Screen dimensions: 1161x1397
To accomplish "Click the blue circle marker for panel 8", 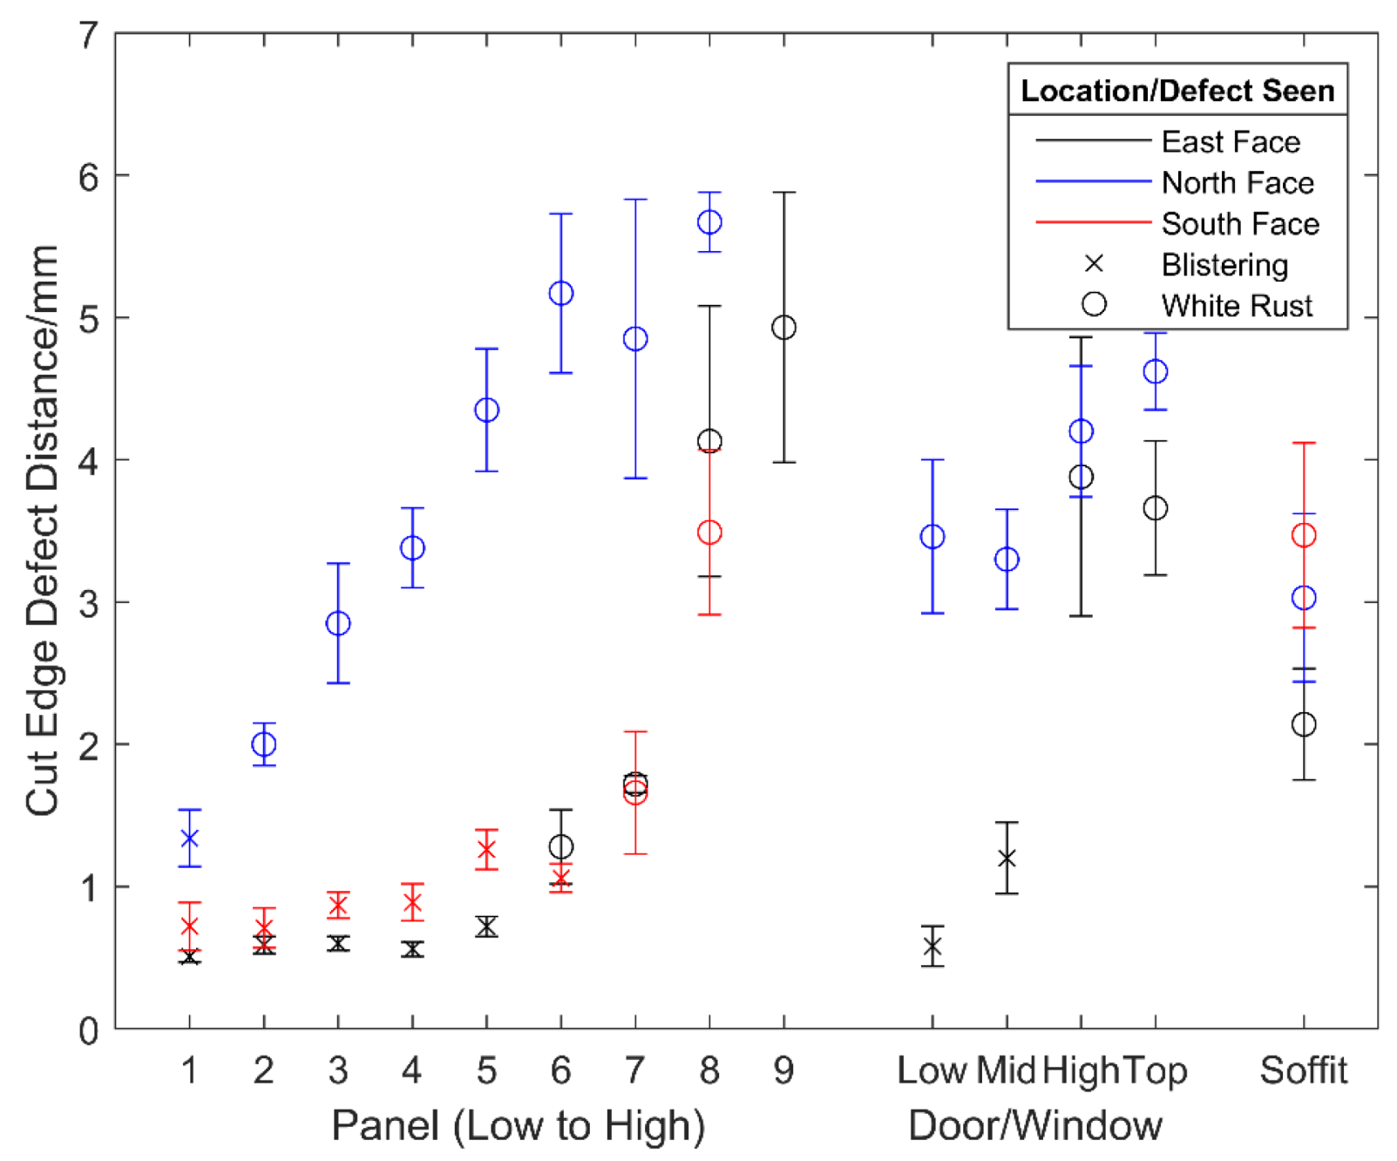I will coord(709,222).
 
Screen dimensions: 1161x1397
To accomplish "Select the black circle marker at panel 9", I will coord(783,328).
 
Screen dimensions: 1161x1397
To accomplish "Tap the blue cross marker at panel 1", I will coord(190,838).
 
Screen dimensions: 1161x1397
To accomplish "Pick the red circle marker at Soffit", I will coord(1303,535).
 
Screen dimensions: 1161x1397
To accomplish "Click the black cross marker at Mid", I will coord(1007,859).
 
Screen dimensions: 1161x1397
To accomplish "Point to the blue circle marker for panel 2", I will coord(264,744).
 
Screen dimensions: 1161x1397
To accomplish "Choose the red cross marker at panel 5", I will coord(486,850).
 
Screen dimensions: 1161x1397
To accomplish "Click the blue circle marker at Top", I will coord(1155,371).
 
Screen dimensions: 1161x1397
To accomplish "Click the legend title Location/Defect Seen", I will coord(1177,91).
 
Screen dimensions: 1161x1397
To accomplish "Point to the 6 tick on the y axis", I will coord(89,177).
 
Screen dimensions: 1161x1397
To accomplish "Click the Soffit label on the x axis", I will coord(1303,1070).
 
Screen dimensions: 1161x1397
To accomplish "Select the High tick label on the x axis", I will coord(1081,1070).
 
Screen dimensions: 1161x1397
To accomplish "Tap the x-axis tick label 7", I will coord(635,1070).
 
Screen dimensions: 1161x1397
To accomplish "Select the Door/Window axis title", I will coord(1034,1125).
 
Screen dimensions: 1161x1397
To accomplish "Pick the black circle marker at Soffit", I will coord(1303,724).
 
